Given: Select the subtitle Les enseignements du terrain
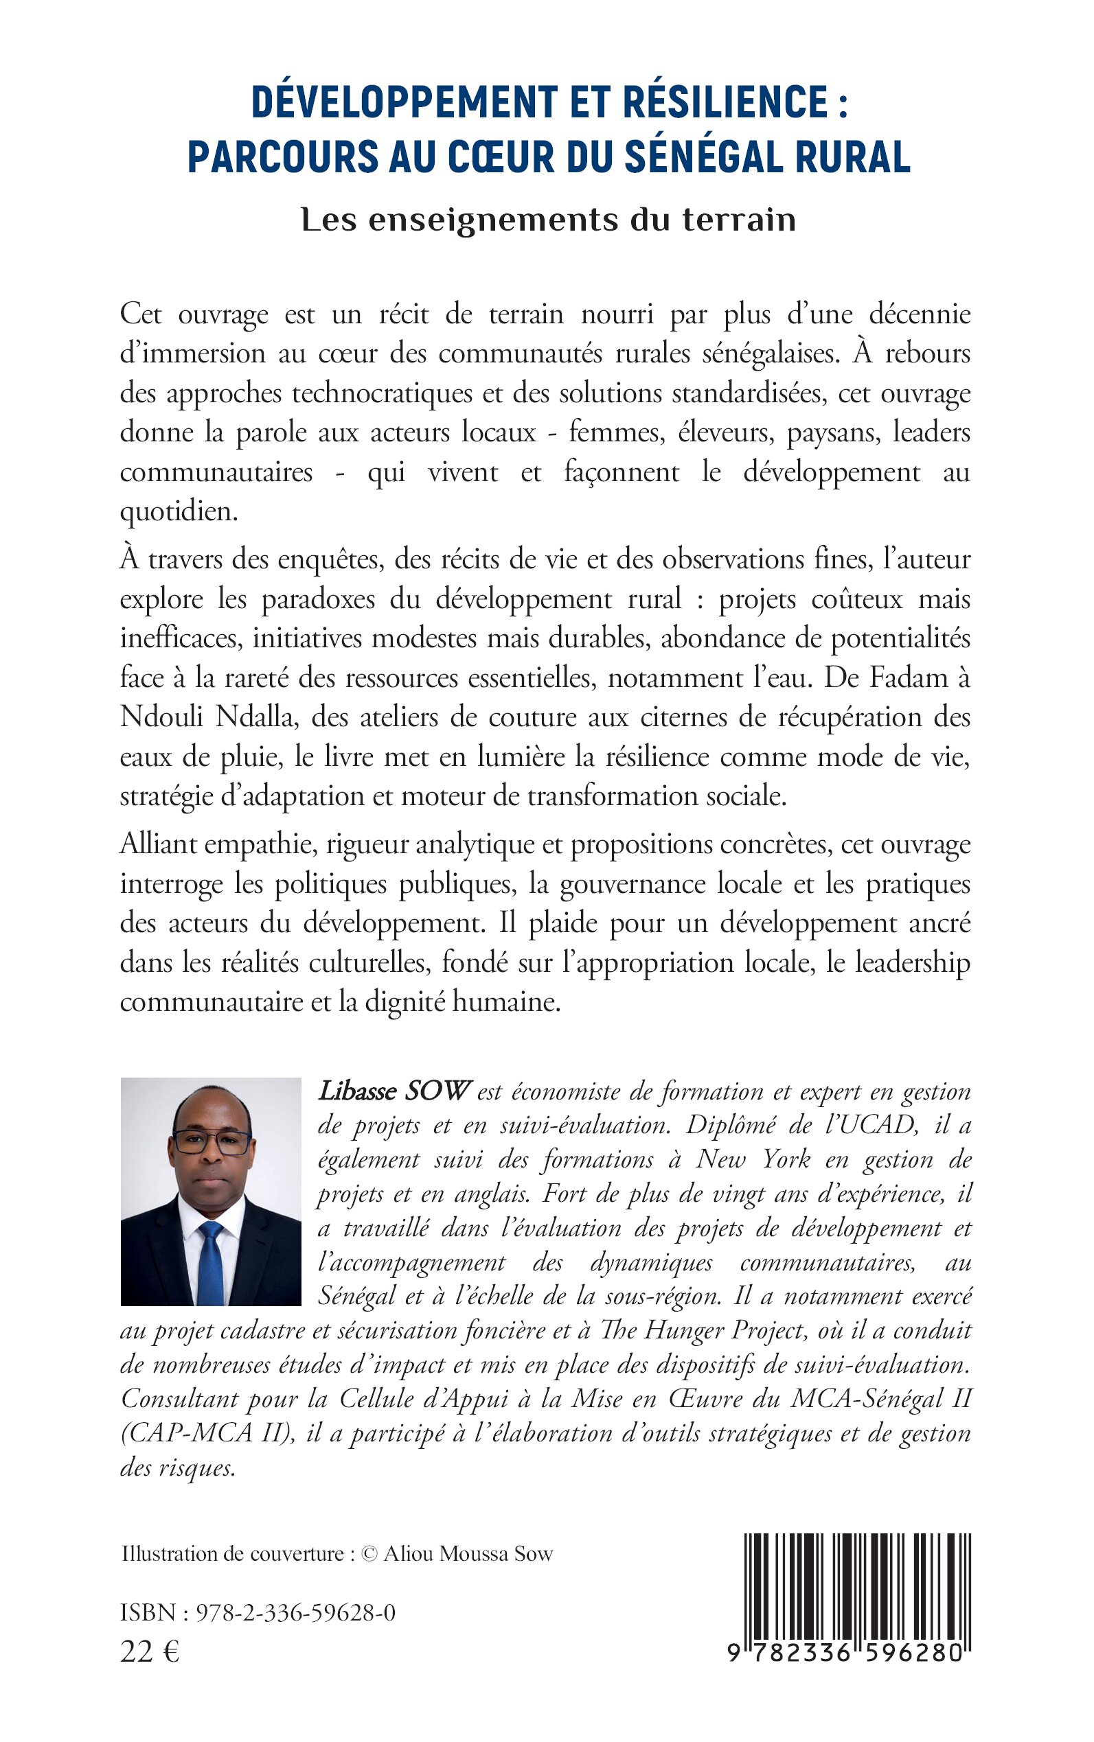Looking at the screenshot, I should pos(548,220).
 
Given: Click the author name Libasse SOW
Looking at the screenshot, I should pos(394,1091).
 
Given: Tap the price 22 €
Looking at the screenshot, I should pos(150,1652).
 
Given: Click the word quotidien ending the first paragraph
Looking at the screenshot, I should pos(178,512).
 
